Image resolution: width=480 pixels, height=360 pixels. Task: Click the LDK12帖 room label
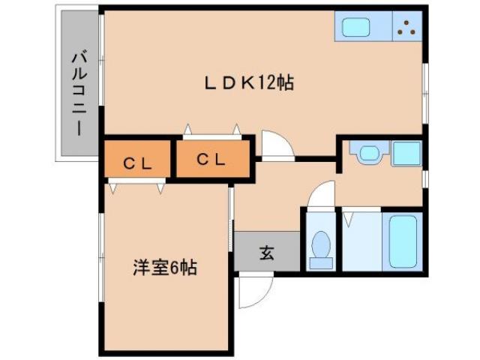(x=248, y=82)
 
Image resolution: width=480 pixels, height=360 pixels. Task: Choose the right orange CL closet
(x=210, y=158)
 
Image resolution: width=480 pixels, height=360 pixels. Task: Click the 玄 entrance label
(x=266, y=252)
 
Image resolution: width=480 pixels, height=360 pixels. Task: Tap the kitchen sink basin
(x=357, y=28)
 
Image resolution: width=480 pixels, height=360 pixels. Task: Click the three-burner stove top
(x=407, y=28)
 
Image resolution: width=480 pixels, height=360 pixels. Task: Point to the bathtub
(x=403, y=241)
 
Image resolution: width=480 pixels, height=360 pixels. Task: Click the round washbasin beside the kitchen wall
(x=368, y=154)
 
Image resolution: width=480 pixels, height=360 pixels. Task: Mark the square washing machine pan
(x=407, y=154)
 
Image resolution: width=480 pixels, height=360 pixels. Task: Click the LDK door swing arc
(x=274, y=145)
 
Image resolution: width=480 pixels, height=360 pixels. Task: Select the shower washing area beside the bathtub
(x=361, y=241)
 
